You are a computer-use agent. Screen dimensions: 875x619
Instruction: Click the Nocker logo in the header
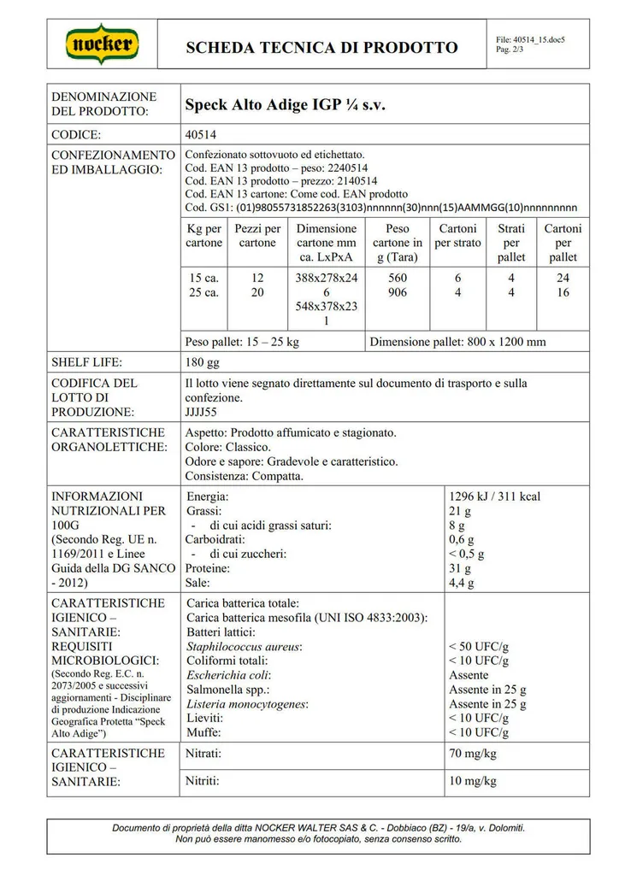(x=103, y=44)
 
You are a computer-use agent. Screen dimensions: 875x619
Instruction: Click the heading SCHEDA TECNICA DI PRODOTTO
(x=322, y=47)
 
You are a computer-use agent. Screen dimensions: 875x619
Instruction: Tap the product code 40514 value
(x=202, y=135)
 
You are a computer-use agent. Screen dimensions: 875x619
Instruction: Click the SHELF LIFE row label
(x=86, y=362)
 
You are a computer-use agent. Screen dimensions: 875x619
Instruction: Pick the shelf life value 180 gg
(x=202, y=362)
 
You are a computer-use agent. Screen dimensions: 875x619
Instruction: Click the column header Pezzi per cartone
(x=257, y=236)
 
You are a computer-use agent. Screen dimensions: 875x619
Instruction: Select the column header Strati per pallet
(x=511, y=243)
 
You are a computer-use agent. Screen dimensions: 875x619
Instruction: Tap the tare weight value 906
(x=398, y=292)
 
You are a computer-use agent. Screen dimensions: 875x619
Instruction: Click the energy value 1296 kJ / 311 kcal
(x=494, y=496)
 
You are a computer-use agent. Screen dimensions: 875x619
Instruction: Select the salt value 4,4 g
(x=463, y=583)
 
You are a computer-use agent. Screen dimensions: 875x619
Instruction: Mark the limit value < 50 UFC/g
(x=479, y=647)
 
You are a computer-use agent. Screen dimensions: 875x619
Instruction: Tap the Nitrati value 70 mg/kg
(x=473, y=755)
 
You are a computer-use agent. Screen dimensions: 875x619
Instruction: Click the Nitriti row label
(x=203, y=781)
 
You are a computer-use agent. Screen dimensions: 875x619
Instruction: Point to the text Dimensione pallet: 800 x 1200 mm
(x=457, y=342)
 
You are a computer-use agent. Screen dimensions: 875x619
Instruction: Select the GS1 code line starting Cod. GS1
(x=380, y=208)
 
